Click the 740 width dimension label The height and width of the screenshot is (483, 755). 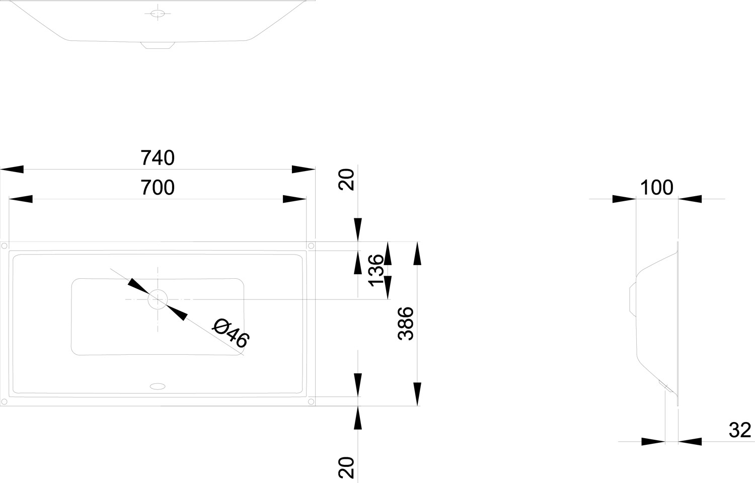tap(158, 157)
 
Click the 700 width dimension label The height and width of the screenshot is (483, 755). tap(158, 187)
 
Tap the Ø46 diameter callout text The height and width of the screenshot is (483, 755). tap(231, 333)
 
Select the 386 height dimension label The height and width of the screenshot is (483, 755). tap(406, 324)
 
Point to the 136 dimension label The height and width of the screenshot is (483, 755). tap(376, 271)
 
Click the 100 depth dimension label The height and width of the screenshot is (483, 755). tap(656, 187)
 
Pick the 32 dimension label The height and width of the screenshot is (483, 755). tap(740, 430)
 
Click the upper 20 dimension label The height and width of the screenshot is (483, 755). tap(346, 180)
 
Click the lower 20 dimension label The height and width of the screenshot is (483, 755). tap(346, 467)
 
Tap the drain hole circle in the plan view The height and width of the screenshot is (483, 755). tap(158, 299)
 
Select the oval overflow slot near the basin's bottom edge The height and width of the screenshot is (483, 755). tap(157, 386)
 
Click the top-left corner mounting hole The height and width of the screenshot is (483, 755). tap(4, 246)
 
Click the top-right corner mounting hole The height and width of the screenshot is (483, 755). tap(311, 246)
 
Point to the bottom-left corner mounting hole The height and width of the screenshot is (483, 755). tap(4, 401)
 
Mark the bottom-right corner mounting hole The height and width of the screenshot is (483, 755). tap(311, 401)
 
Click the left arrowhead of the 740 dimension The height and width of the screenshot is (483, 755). tap(12, 170)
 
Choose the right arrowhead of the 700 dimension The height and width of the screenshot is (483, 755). tap(294, 199)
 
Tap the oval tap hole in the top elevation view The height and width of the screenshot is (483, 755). tap(158, 14)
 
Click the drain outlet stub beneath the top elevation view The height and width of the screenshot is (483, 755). tap(158, 45)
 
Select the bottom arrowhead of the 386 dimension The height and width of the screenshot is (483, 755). tap(417, 394)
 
